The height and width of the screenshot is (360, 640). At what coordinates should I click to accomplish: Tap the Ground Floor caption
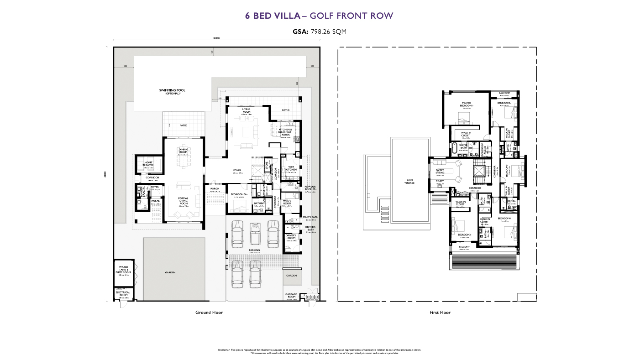point(209,313)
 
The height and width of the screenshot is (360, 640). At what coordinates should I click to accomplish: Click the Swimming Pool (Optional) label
point(170,92)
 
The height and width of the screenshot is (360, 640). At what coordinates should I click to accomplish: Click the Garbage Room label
point(291,296)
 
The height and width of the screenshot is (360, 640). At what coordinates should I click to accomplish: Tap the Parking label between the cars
point(254,250)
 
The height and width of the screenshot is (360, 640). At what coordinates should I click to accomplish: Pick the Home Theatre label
point(148,164)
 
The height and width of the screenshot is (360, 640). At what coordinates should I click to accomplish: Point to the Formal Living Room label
point(183,200)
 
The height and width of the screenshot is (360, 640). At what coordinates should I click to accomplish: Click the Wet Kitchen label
point(291,168)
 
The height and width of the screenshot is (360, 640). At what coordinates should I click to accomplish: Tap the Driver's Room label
point(291,237)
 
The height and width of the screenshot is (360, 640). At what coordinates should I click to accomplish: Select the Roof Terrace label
point(410,182)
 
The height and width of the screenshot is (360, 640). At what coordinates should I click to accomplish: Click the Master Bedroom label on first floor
point(467,104)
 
